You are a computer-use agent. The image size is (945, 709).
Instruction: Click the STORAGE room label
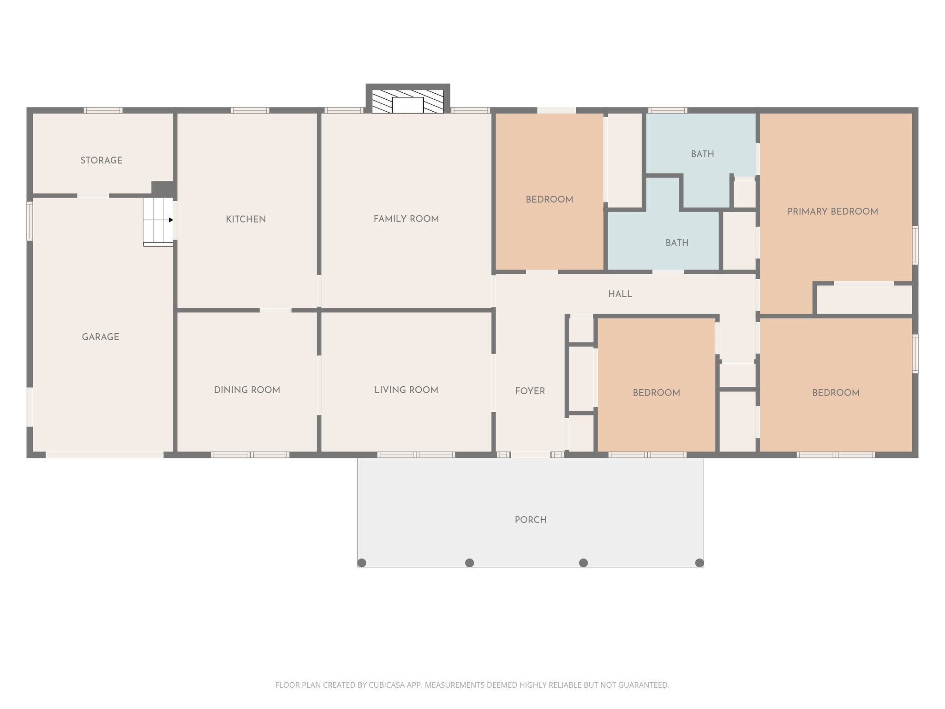point(102,160)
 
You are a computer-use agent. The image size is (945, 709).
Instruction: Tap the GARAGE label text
point(101,337)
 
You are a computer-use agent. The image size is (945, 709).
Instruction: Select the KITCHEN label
point(245,219)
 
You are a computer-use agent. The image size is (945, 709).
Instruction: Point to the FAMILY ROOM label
point(406,219)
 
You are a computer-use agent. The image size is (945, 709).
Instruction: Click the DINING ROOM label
point(247,390)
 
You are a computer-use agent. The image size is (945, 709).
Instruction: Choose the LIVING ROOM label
point(406,390)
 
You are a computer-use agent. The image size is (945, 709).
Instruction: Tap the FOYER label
point(530,391)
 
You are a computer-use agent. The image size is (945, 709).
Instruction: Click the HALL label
point(620,294)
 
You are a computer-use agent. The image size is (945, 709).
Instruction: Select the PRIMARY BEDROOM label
point(832,211)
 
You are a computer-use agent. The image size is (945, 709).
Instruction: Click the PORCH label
point(531,520)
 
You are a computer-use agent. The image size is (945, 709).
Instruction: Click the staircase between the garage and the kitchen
point(158,221)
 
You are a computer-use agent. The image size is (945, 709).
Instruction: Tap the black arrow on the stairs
point(171,220)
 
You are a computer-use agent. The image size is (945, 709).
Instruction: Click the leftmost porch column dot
point(362,563)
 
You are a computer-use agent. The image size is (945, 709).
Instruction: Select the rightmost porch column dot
point(699,563)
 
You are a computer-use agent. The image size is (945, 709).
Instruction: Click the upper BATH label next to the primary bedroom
point(702,154)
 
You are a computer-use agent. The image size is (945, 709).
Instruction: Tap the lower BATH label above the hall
point(677,243)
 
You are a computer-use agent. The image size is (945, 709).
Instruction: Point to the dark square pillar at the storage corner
point(162,188)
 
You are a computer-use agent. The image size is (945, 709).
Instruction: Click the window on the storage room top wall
point(103,110)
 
